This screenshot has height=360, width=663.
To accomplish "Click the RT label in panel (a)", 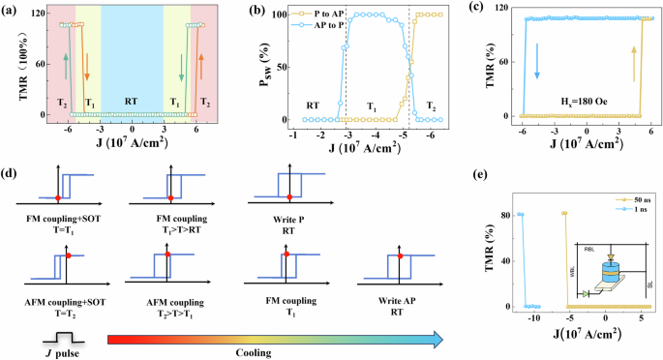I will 131,97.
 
